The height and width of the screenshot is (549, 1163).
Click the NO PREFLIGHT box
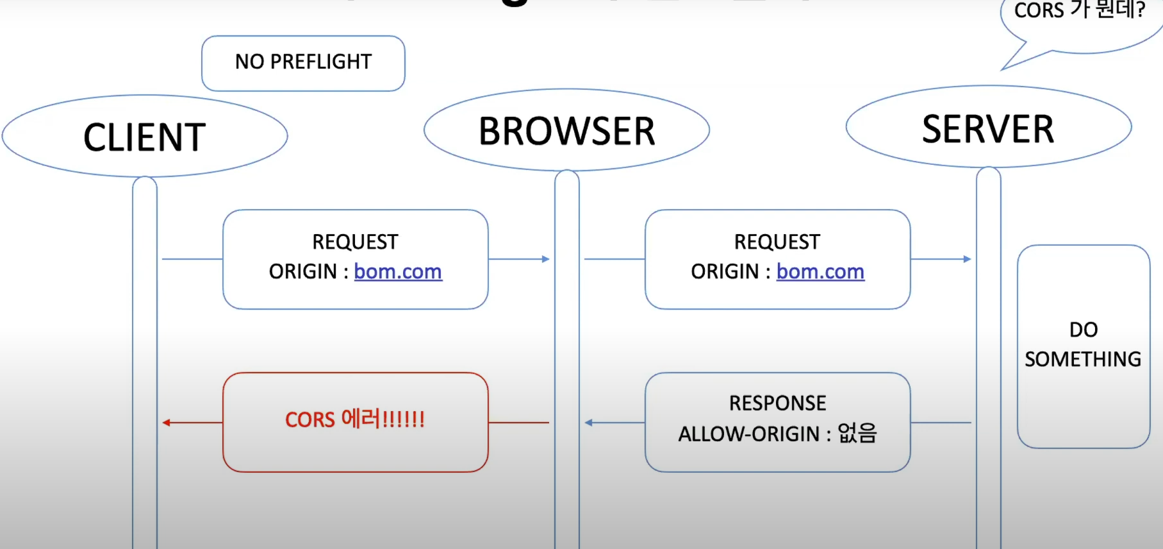tap(303, 62)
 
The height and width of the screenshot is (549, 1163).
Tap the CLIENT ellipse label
tap(144, 137)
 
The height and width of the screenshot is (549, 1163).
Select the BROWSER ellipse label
tap(566, 131)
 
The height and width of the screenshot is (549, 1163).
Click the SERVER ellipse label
tap(987, 130)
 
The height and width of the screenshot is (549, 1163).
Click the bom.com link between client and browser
tap(397, 272)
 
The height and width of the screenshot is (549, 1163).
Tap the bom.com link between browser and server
tap(820, 272)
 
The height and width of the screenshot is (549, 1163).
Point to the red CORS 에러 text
tap(354, 419)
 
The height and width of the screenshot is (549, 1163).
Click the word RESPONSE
tap(777, 403)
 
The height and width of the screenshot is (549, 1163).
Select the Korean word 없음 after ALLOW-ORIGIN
tap(857, 434)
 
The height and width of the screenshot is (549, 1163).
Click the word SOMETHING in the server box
tap(1083, 359)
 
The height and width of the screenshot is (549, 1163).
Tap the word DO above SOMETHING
tap(1084, 330)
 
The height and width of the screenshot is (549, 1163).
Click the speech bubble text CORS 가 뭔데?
tap(1079, 10)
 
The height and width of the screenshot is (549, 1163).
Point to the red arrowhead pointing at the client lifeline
tap(166, 423)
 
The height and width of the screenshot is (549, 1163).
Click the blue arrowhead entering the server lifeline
tap(968, 259)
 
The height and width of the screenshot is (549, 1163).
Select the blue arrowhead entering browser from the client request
tap(546, 259)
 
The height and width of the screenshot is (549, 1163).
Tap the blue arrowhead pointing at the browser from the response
tap(588, 423)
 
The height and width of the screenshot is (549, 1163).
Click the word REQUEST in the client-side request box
tap(355, 242)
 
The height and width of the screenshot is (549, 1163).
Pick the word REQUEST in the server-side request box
tap(777, 242)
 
